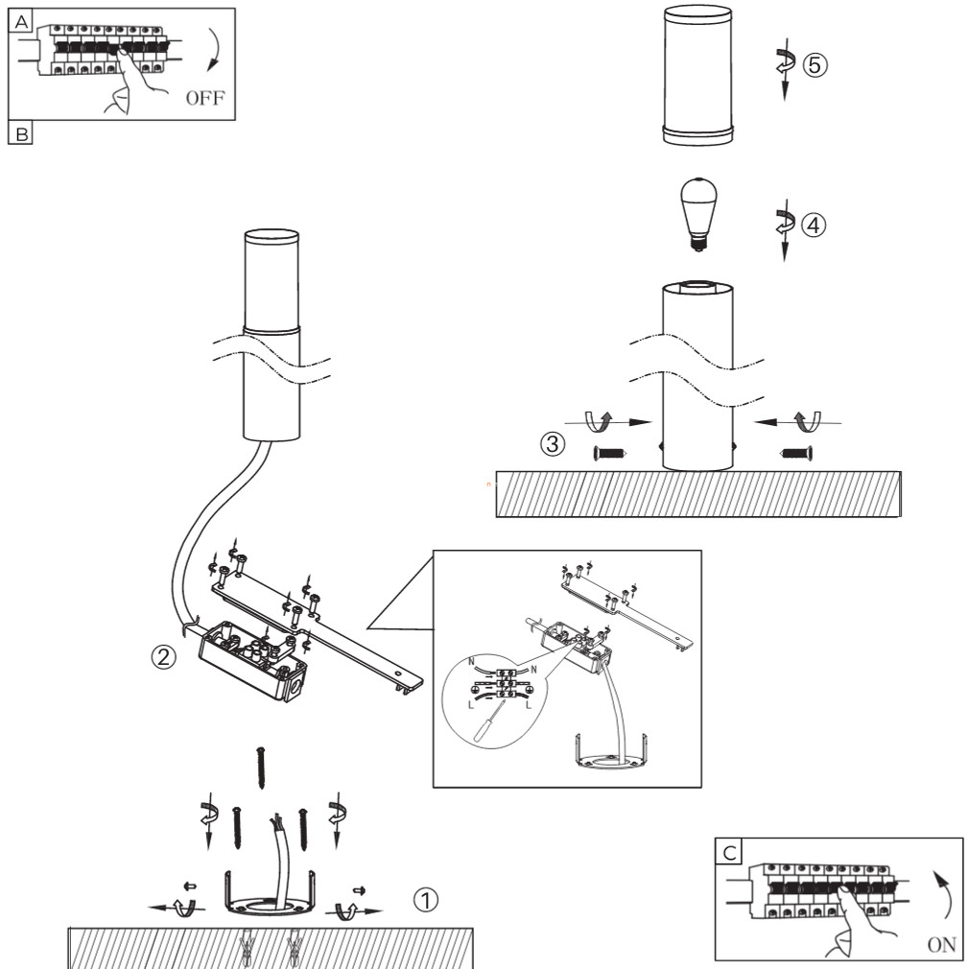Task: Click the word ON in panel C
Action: (x=940, y=944)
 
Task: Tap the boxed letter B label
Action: (x=19, y=133)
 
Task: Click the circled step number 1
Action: (x=426, y=899)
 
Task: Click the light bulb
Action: (x=698, y=212)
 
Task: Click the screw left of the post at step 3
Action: (x=606, y=452)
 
